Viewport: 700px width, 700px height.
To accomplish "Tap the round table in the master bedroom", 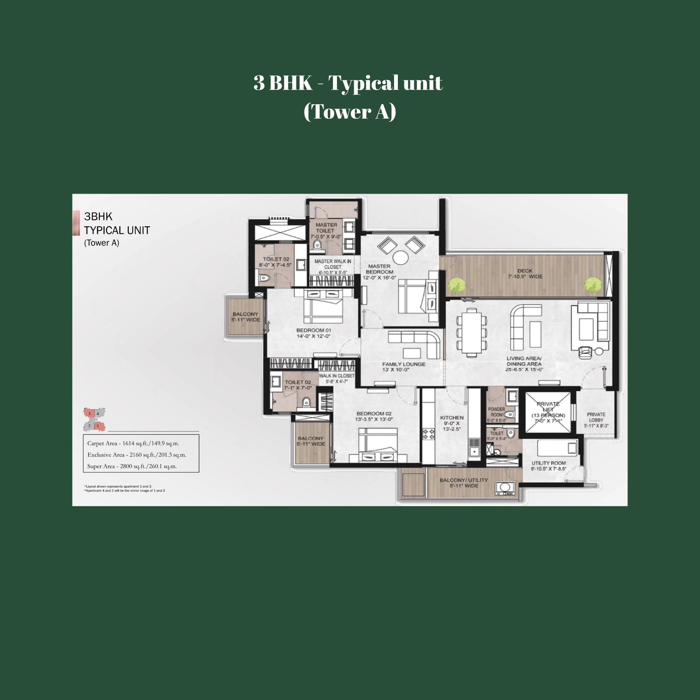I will pyautogui.click(x=401, y=258).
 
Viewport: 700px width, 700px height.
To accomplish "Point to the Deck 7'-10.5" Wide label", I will pyautogui.click(x=525, y=273).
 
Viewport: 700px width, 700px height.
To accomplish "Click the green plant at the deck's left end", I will pyautogui.click(x=457, y=285).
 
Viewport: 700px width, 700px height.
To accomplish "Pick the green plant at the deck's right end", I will pyautogui.click(x=593, y=285).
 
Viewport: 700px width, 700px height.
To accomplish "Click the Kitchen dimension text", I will pyautogui.click(x=452, y=426).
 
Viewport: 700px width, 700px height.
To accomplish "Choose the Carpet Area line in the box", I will pyautogui.click(x=133, y=443).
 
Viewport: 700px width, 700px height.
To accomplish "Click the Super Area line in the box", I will pyautogui.click(x=132, y=466).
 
